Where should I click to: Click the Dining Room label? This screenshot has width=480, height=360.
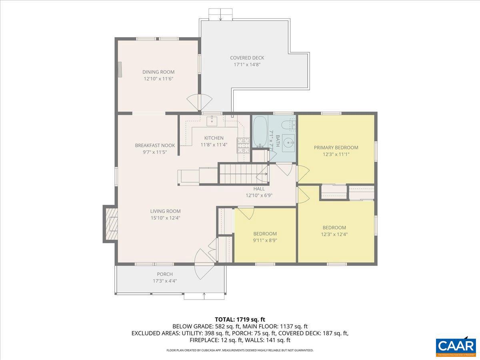(158, 72)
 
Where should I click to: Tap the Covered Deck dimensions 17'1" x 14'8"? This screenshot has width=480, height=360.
(247, 64)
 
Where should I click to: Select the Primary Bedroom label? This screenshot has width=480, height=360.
(336, 147)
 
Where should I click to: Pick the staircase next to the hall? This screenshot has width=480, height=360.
(238, 174)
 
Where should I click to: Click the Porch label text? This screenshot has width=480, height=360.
(165, 274)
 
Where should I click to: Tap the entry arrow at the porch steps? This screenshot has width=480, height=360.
(204, 296)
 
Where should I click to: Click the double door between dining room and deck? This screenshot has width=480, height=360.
(199, 103)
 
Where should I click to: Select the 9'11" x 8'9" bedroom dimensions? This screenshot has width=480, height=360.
(265, 240)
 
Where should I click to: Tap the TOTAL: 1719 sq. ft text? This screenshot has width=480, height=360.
(240, 319)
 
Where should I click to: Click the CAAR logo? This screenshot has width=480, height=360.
(456, 346)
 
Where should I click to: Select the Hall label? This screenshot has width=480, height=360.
(259, 189)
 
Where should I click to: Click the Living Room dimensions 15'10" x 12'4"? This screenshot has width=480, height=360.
(165, 218)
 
